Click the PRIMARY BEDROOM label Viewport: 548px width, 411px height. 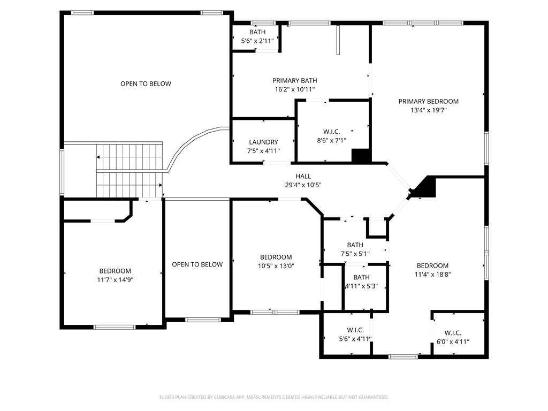pyautogui.click(x=428, y=101)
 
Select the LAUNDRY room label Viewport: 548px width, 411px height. pyautogui.click(x=263, y=142)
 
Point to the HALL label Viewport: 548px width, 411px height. pyautogui.click(x=303, y=176)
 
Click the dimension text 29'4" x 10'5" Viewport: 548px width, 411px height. pyautogui.click(x=303, y=185)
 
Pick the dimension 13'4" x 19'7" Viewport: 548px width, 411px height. pyautogui.click(x=428, y=110)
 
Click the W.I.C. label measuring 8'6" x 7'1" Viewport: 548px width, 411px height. pyautogui.click(x=332, y=132)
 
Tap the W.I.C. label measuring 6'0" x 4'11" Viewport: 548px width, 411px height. pyautogui.click(x=453, y=333)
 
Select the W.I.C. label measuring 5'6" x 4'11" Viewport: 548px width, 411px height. pyautogui.click(x=355, y=330)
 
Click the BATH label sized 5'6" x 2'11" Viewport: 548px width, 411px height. pyautogui.click(x=257, y=32)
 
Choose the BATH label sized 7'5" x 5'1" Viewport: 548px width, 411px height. pyautogui.click(x=355, y=245)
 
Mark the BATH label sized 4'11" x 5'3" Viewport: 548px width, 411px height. pyautogui.click(x=361, y=277)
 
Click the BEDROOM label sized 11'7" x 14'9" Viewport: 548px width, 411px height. pyautogui.click(x=115, y=271)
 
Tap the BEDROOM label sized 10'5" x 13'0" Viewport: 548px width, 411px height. pyautogui.click(x=276, y=257)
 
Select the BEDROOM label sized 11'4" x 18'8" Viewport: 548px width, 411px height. pyautogui.click(x=432, y=266)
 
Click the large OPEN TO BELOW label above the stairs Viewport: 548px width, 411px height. pyautogui.click(x=146, y=83)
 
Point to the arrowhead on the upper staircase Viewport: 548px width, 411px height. pyautogui.click(x=98, y=157)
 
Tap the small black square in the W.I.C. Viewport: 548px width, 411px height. pyautogui.click(x=361, y=156)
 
